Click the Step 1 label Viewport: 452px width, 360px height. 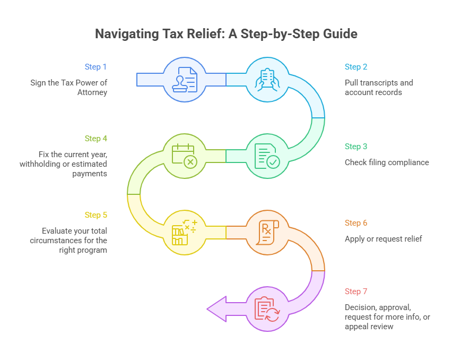tap(95, 67)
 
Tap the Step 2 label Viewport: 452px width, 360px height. tap(356, 67)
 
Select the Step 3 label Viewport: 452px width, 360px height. tap(356, 147)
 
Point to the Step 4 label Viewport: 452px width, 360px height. tap(95, 139)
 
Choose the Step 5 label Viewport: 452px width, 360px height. tap(95, 215)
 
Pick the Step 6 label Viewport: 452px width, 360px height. tap(356, 223)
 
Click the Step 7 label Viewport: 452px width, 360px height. tap(356, 292)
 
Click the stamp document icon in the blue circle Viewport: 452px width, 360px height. tap(184, 80)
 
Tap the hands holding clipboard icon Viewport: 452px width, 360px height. tap(267, 80)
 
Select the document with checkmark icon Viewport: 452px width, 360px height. tap(267, 156)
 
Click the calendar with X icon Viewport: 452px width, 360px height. tap(184, 156)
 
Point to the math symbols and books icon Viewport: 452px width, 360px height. tap(184, 233)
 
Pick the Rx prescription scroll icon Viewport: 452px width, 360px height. tap(267, 233)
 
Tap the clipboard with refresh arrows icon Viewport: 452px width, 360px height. tap(267, 309)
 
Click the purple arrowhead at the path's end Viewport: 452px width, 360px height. tap(216, 309)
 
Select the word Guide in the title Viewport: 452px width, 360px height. tap(340, 34)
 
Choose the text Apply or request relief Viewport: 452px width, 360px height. tap(383, 239)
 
